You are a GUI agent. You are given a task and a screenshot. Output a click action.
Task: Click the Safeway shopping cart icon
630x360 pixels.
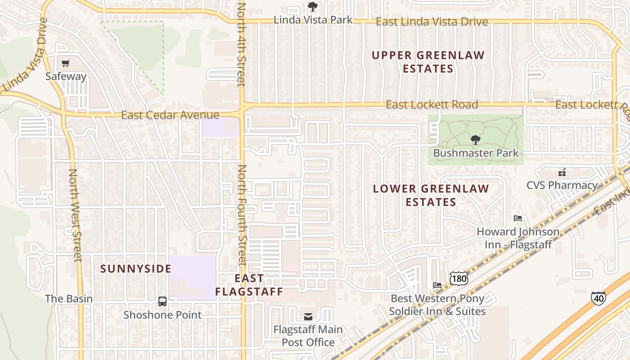66,63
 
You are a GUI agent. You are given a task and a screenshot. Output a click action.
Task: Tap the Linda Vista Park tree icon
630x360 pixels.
312,7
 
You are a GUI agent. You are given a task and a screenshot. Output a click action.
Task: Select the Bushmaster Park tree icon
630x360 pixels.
475,140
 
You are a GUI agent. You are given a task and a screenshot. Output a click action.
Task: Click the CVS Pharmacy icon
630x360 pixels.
562,172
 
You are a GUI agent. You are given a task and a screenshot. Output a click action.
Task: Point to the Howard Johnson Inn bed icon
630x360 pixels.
518,219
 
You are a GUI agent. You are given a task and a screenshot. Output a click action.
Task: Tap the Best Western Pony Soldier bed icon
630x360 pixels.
437,285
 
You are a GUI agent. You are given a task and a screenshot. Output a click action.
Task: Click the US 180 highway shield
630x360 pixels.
459,279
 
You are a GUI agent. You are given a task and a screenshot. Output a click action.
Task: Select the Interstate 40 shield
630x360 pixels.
598,297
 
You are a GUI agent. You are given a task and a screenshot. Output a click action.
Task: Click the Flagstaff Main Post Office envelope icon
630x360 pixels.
308,317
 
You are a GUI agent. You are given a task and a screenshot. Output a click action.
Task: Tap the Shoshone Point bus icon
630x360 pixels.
162,301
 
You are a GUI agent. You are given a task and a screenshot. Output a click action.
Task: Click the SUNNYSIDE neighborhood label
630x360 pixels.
136,269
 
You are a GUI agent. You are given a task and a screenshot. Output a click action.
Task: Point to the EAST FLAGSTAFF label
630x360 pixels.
249,285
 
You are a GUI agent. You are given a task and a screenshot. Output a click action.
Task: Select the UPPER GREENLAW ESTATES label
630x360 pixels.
428,62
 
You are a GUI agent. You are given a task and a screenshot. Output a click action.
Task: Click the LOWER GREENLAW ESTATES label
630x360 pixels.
431,195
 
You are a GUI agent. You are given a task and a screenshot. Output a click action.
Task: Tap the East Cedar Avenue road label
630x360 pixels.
170,115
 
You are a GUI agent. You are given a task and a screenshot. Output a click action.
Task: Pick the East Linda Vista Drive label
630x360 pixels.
432,22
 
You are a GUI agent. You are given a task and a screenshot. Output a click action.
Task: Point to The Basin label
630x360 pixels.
69,299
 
